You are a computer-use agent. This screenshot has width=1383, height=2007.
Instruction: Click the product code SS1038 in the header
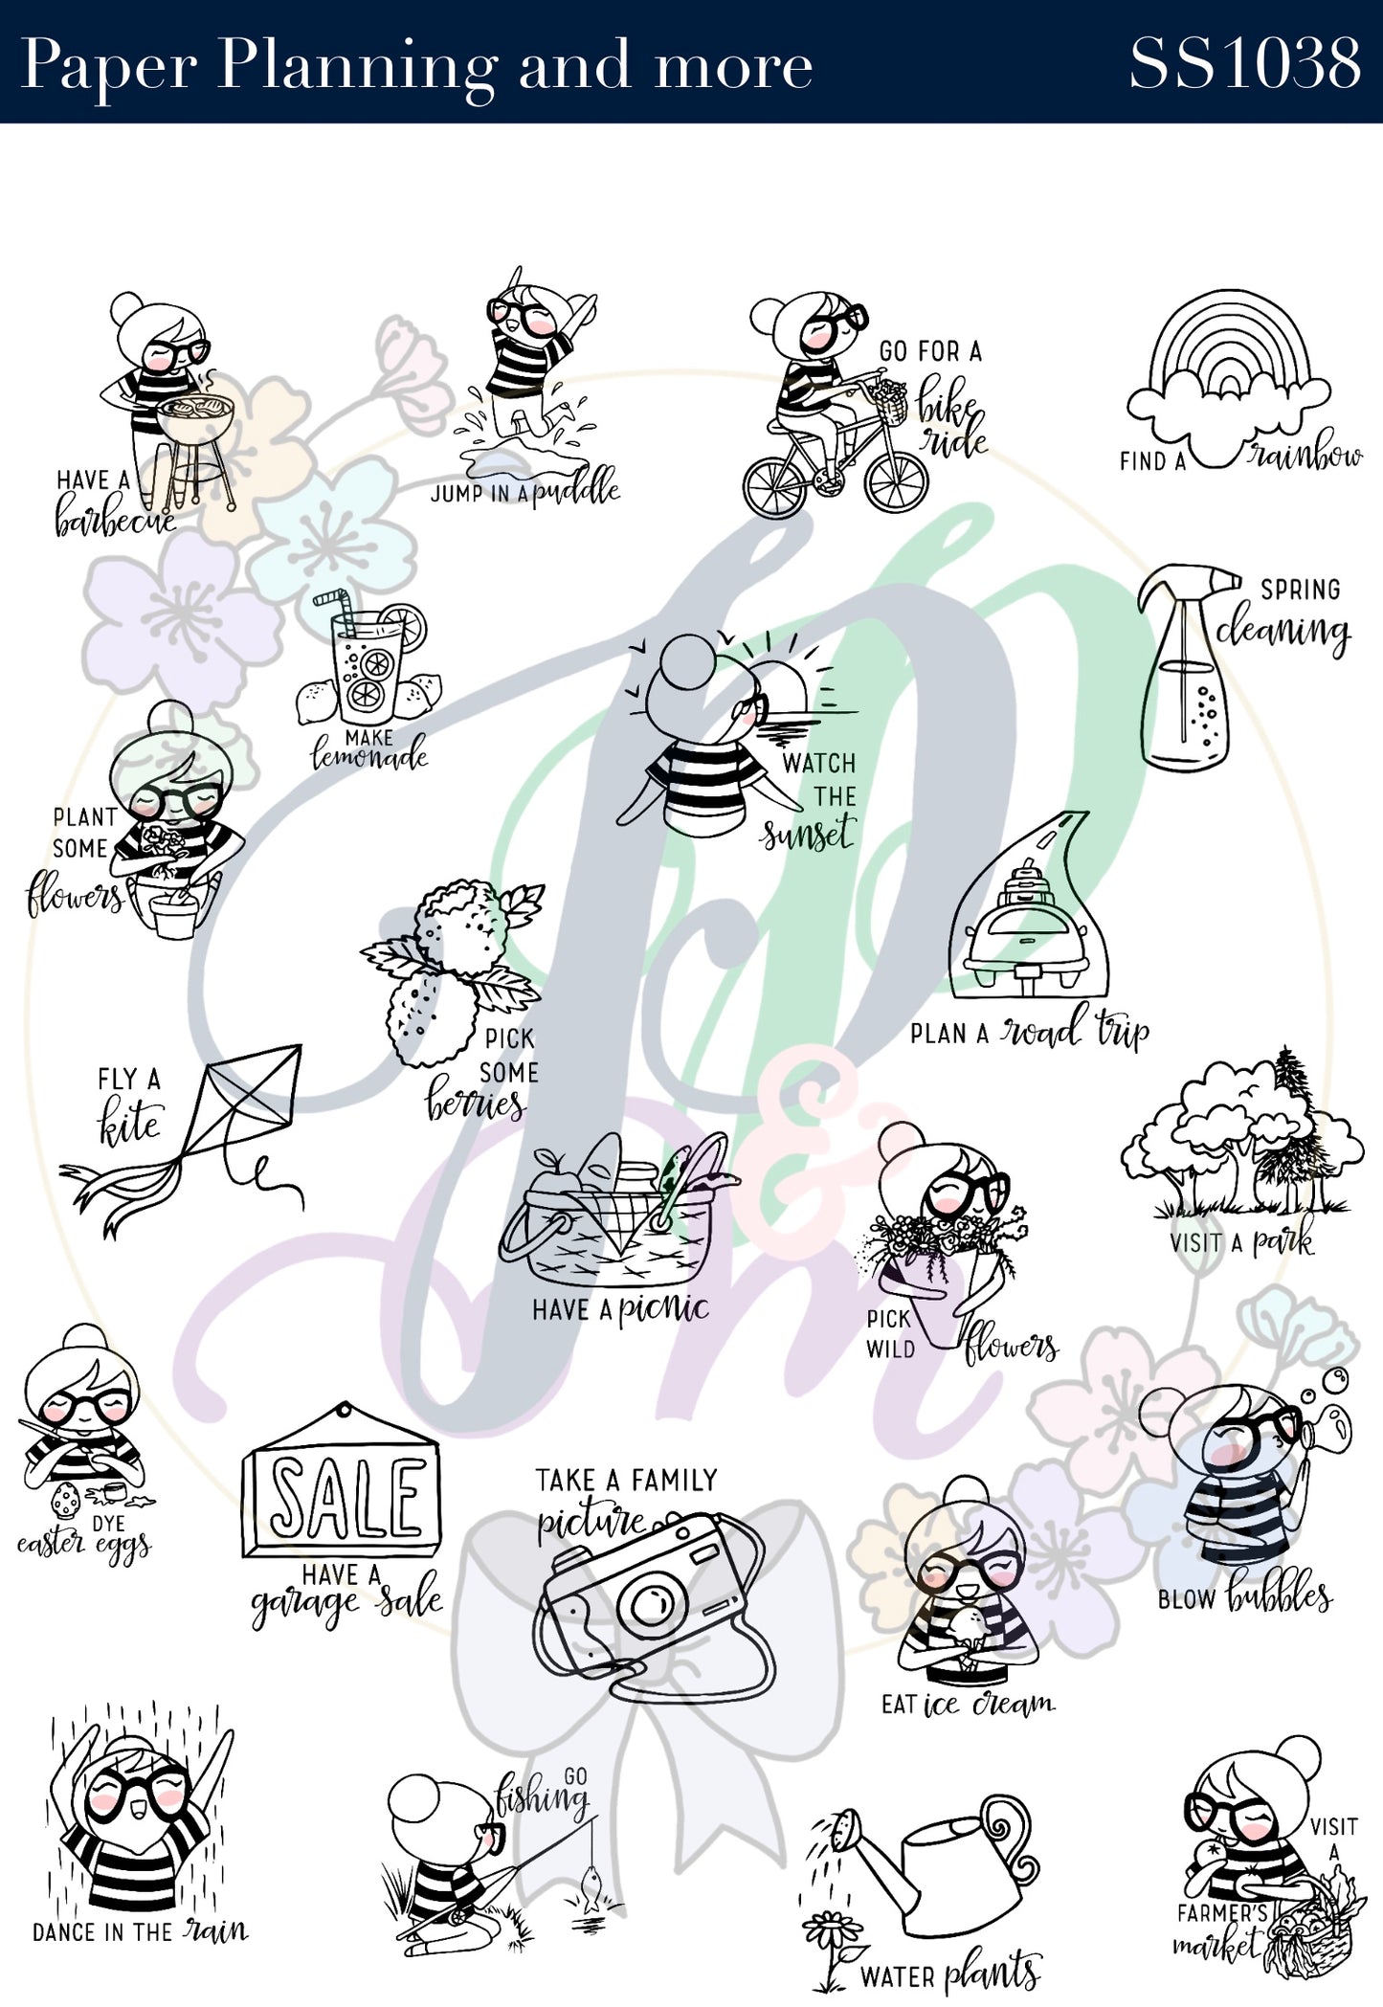click(1244, 64)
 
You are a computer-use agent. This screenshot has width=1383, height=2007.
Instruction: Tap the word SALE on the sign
click(346, 1497)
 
